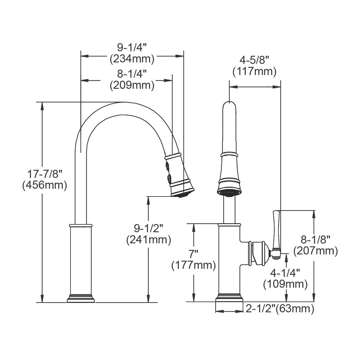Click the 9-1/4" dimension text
point(132,47)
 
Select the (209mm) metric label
point(132,85)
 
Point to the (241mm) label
point(148,240)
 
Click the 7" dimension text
point(194,254)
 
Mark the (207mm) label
point(316,251)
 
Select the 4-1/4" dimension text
point(285,273)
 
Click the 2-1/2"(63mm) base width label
point(280,309)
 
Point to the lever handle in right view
point(276,231)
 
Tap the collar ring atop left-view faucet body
point(80,225)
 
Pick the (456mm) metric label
point(44,185)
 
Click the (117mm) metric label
point(254,72)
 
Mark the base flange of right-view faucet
point(229,299)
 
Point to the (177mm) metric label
point(193,265)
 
